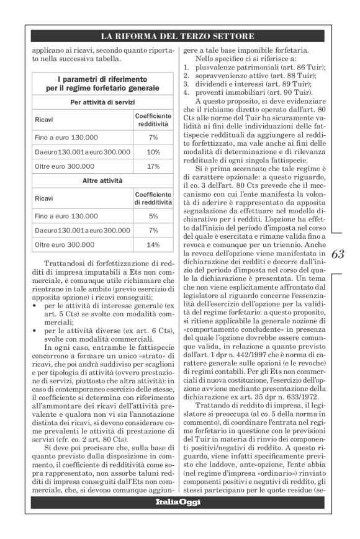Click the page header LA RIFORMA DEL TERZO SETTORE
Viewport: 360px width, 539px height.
tap(179, 35)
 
